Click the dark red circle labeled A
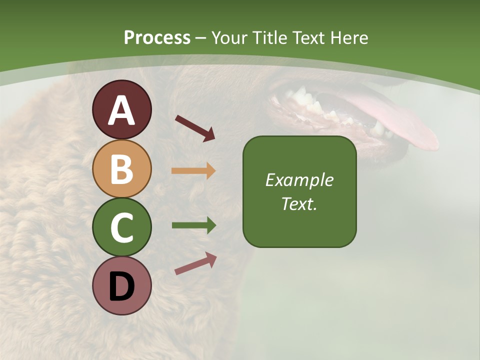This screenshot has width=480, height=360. (x=121, y=109)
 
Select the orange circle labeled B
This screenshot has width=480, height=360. (x=121, y=168)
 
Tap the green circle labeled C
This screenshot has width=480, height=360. (x=121, y=227)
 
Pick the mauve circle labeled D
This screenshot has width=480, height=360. (x=121, y=285)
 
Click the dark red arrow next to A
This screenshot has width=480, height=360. (x=195, y=127)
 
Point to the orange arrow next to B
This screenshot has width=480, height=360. (x=193, y=170)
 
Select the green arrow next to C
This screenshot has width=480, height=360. (x=193, y=225)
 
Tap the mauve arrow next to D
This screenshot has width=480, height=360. (x=195, y=263)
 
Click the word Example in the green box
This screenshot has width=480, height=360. (x=299, y=180)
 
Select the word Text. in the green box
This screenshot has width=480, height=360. (x=299, y=203)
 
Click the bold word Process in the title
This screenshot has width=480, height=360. (x=157, y=37)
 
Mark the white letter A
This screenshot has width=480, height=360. (x=121, y=110)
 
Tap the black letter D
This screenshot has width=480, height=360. (x=121, y=286)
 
